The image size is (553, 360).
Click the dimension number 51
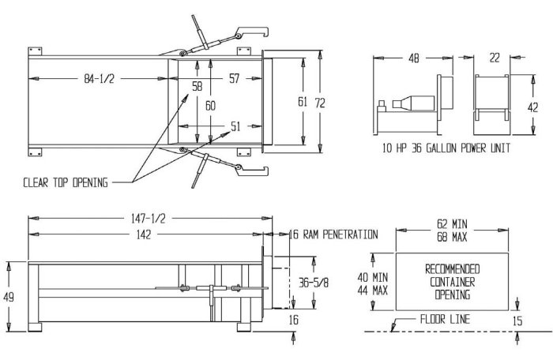click(x=235, y=126)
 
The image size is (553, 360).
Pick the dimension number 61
click(x=303, y=101)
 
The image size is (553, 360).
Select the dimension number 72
click(x=321, y=103)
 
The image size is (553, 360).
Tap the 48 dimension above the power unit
click(x=414, y=58)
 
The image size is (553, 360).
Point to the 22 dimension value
click(x=495, y=58)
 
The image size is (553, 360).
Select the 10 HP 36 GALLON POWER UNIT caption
click(x=446, y=148)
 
